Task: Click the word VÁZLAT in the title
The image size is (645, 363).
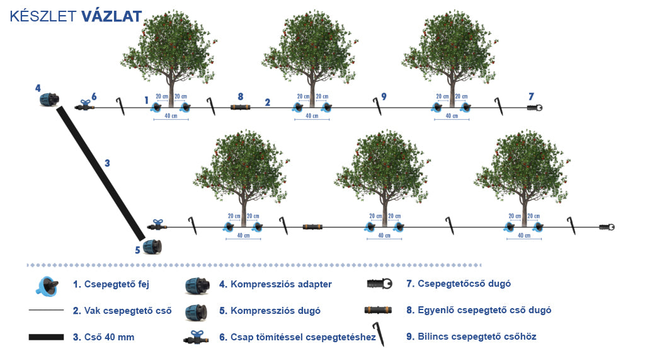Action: [x=111, y=16]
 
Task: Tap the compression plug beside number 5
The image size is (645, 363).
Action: [x=152, y=246]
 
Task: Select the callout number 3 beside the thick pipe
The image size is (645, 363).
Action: [x=107, y=163]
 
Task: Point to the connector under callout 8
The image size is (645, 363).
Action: [x=240, y=108]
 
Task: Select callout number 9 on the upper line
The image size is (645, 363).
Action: [x=384, y=96]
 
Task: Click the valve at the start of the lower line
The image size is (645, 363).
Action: [x=157, y=225]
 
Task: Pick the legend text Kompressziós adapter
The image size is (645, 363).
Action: [x=275, y=284]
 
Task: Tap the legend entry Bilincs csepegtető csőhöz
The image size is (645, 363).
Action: [x=477, y=337]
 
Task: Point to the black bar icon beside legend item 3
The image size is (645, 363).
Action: [x=47, y=337]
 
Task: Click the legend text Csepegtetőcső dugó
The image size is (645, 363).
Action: [x=459, y=284]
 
